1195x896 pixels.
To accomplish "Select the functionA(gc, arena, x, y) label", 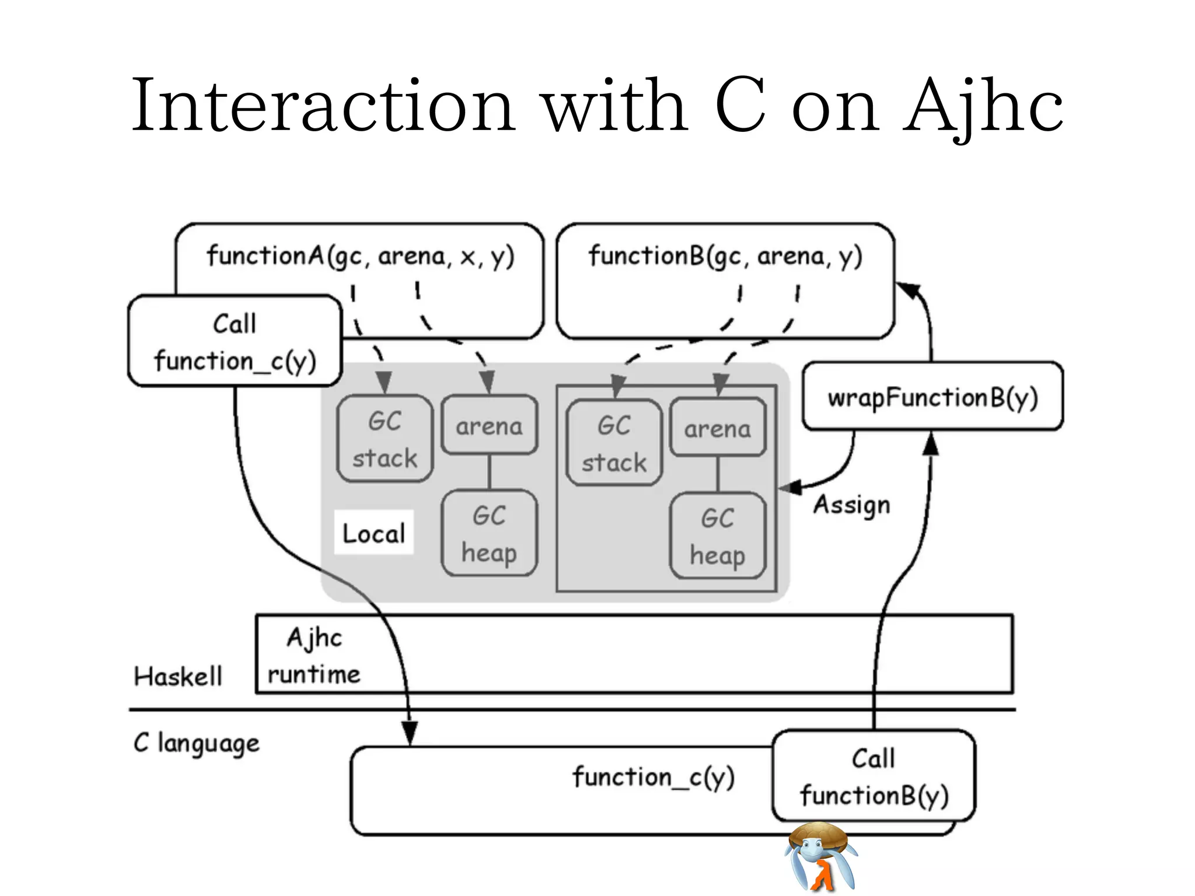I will point(360,256).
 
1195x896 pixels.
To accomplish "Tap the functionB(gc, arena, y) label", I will point(725,256).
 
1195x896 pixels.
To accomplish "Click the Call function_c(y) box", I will point(235,342).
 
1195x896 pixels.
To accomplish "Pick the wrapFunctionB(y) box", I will point(932,397).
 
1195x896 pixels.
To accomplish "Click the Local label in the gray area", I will point(373,533).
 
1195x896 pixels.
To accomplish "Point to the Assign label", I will point(852,505).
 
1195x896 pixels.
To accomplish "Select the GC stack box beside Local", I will point(385,439).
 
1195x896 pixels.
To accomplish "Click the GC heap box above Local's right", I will point(489,533).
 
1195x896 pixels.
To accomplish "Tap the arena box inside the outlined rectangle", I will point(717,428).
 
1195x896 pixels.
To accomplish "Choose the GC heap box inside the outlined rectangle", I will point(717,536).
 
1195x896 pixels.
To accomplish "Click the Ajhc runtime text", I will point(314,656).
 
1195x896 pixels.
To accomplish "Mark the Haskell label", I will point(178,677).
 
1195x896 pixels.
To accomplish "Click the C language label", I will point(197,743).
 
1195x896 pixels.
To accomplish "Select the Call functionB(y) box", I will point(873,776).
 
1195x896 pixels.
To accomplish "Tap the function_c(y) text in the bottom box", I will point(653,777).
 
